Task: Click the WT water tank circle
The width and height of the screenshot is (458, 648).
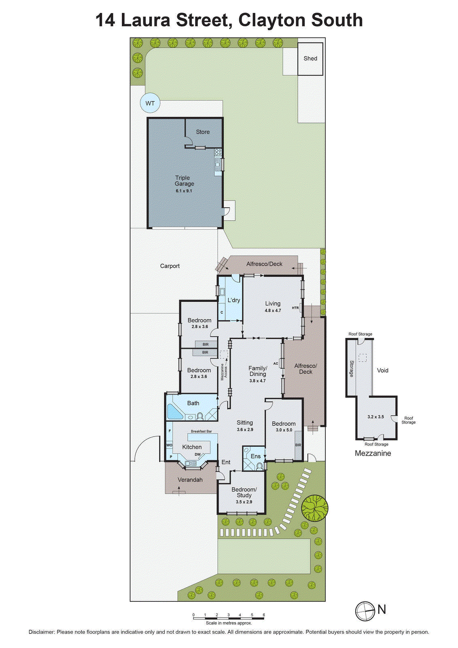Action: (x=150, y=103)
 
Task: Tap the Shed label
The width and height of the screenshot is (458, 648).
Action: (x=310, y=58)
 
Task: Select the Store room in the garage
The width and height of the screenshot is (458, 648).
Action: (x=203, y=132)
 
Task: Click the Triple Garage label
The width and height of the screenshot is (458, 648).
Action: (x=184, y=181)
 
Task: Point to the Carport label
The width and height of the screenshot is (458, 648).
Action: (x=170, y=266)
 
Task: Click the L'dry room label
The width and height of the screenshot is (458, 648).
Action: (x=233, y=300)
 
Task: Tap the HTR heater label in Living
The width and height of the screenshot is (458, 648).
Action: (x=295, y=308)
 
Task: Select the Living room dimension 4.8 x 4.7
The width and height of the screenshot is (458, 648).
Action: (x=273, y=311)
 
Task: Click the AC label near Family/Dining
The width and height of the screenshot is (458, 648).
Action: (x=276, y=363)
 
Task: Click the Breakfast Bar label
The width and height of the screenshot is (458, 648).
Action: (x=201, y=431)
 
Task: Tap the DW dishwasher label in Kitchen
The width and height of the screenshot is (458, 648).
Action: (x=197, y=454)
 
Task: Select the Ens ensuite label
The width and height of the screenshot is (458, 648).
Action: (x=256, y=456)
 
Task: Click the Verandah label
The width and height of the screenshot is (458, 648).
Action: (x=190, y=480)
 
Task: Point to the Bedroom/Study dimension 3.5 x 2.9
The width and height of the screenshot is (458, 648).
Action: (x=244, y=502)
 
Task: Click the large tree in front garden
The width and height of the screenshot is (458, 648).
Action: (x=314, y=508)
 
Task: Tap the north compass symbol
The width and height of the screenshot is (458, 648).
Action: (x=365, y=611)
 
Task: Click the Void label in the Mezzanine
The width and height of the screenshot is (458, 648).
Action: (x=382, y=370)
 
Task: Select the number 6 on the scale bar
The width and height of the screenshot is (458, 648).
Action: (x=264, y=615)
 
